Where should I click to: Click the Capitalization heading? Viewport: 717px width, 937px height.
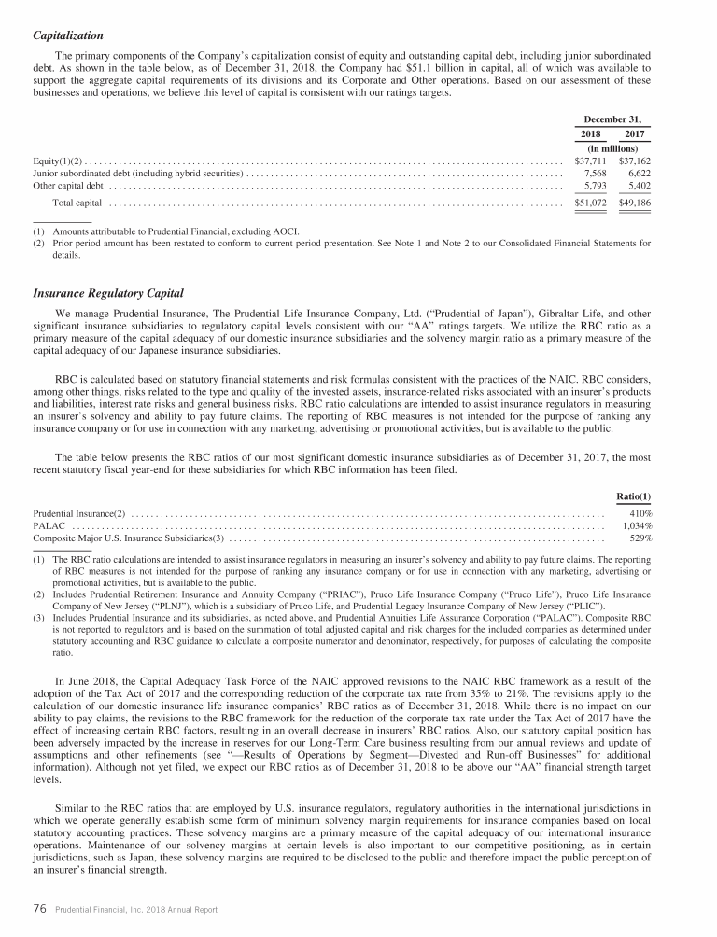[x=68, y=35]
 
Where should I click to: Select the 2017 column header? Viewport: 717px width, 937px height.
[x=635, y=134]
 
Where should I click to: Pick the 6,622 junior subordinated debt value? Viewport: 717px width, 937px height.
[x=639, y=174]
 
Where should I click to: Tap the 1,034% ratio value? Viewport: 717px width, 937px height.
[x=637, y=525]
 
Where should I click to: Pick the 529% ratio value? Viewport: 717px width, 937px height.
[x=641, y=538]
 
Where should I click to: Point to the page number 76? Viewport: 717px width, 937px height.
[x=40, y=911]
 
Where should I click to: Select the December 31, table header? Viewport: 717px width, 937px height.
[x=612, y=119]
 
